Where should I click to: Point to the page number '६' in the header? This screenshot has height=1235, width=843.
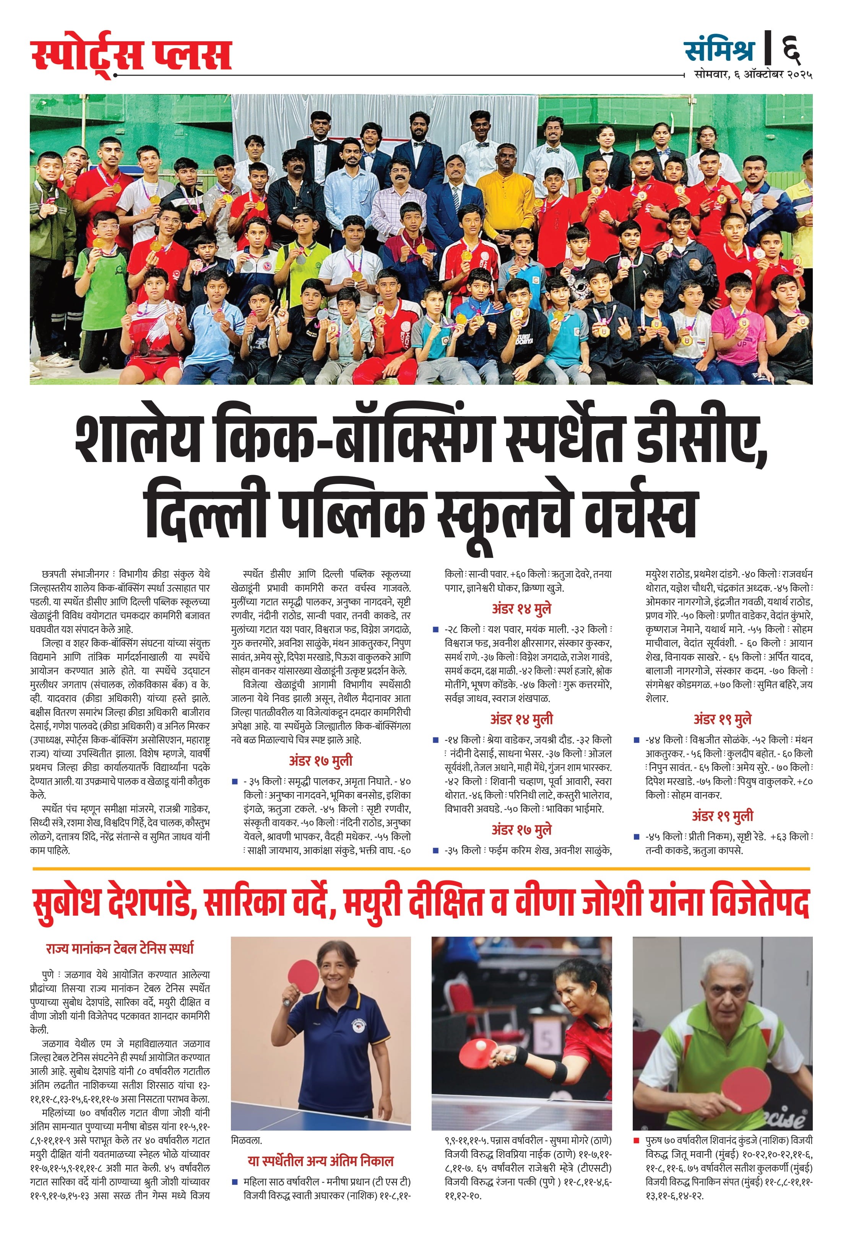791,49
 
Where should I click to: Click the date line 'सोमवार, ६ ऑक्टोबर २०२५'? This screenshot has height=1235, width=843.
753,75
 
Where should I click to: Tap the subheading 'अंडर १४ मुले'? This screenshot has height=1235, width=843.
521,609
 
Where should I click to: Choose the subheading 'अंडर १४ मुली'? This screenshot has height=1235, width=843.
521,719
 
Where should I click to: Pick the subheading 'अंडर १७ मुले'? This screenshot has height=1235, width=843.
521,830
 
